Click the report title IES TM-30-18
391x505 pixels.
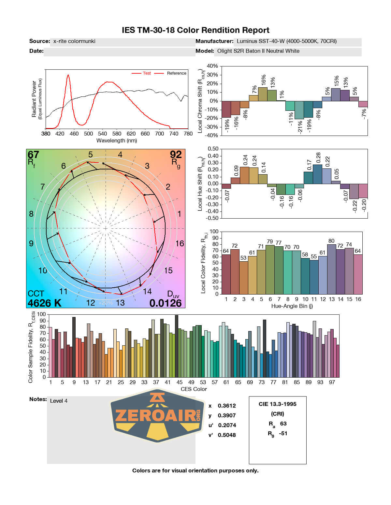(x=195, y=30)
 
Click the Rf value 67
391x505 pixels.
(x=33, y=154)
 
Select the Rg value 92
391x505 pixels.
(x=176, y=154)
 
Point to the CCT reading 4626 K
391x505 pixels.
(x=44, y=303)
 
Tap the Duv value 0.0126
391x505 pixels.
(x=166, y=303)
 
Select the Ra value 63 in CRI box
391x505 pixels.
(x=283, y=424)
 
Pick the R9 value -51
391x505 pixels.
(x=283, y=433)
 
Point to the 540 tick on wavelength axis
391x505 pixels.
(x=102, y=134)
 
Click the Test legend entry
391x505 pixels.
(x=147, y=73)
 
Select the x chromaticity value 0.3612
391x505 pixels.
(x=227, y=406)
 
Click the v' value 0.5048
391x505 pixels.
(x=227, y=435)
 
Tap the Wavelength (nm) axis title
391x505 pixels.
(x=117, y=141)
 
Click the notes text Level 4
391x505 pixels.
(x=59, y=401)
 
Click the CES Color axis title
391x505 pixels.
(x=194, y=389)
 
